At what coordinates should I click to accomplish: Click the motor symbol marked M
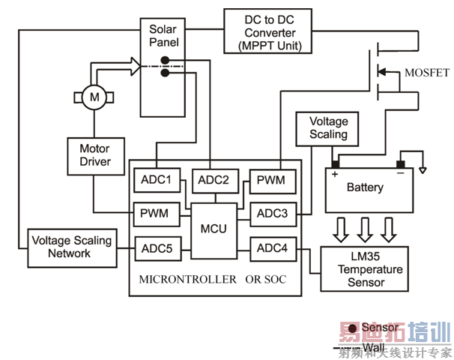point(94,97)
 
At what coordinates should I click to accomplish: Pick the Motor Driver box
point(94,155)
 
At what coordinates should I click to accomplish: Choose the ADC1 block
point(156,180)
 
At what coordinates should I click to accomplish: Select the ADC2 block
point(215,180)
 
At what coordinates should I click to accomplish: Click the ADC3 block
point(273,214)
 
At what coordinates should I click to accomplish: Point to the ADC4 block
point(273,248)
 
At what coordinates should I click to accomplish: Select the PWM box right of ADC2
point(271,180)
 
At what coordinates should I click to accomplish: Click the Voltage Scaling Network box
point(71,247)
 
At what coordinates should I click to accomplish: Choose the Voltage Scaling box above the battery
point(328,127)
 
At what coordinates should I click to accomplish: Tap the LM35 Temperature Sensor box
point(364,269)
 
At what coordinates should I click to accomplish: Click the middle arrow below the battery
point(365,226)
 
